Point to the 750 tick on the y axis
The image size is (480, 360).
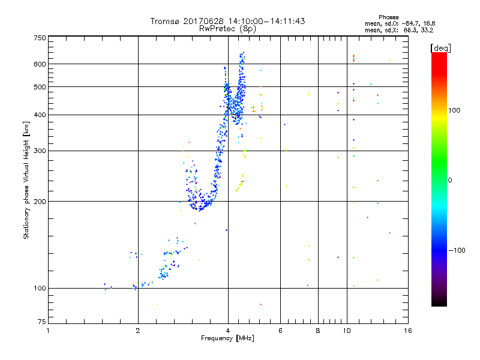pyautogui.click(x=40, y=37)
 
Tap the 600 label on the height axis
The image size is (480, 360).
pyautogui.click(x=40, y=64)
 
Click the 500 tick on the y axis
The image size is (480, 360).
pyautogui.click(x=40, y=86)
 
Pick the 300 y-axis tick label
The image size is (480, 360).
pyautogui.click(x=40, y=151)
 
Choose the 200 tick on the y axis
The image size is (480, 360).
pyautogui.click(x=40, y=201)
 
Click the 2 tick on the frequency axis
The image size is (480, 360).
pyautogui.click(x=138, y=330)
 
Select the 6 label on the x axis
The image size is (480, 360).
pyautogui.click(x=280, y=330)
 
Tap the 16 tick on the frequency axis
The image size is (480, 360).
pyautogui.click(x=407, y=330)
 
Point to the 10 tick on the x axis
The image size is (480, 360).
pyautogui.click(x=346, y=330)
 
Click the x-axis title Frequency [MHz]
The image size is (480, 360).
pyautogui.click(x=227, y=338)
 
